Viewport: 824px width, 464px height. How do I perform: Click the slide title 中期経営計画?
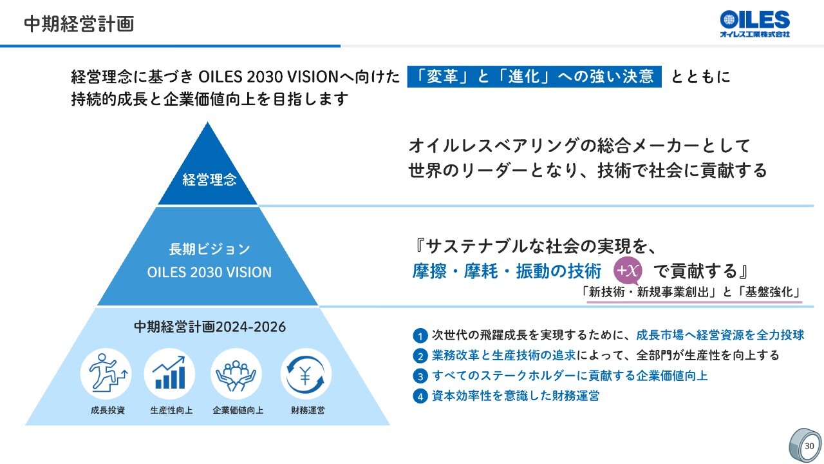coord(79,24)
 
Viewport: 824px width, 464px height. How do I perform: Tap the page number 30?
coord(809,446)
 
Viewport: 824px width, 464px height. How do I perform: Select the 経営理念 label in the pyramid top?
coord(209,180)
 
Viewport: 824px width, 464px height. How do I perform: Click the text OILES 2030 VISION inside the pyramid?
coord(209,272)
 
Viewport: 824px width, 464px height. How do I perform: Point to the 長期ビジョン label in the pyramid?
coord(209,249)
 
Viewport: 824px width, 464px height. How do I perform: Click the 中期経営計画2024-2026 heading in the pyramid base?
coord(209,327)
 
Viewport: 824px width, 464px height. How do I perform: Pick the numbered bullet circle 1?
coord(420,336)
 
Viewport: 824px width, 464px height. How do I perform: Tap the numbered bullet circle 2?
coord(420,356)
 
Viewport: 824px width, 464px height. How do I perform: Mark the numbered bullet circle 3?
coord(420,376)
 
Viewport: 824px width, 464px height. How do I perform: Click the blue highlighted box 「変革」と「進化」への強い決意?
coord(534,77)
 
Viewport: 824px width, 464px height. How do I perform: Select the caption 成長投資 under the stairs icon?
coord(108,410)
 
